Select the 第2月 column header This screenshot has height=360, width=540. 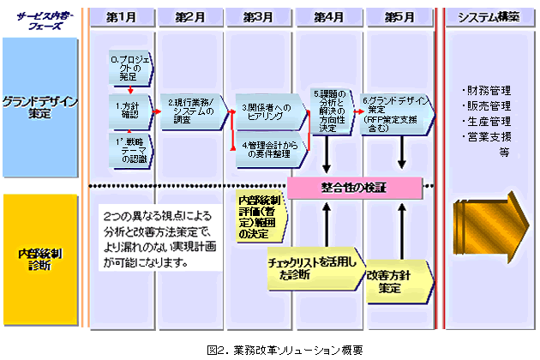[x=189, y=16]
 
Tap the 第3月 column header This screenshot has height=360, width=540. [x=259, y=16]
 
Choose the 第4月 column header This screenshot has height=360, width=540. [x=329, y=16]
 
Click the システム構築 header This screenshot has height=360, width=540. [x=488, y=16]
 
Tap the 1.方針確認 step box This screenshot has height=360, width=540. [x=130, y=108]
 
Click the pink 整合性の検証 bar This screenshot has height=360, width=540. [x=355, y=186]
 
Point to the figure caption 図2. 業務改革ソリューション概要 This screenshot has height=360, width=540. [x=273, y=348]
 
